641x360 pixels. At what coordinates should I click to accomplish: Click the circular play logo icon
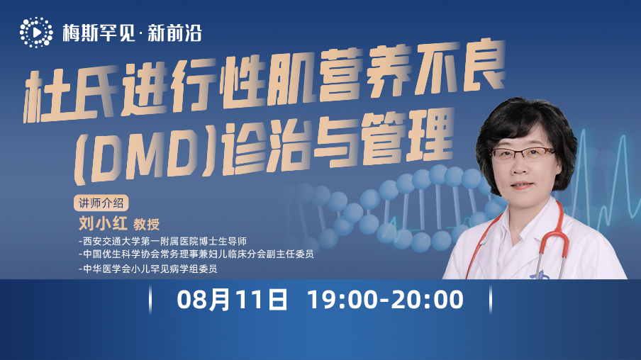tap(36, 33)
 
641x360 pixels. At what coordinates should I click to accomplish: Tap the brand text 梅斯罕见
tap(99, 33)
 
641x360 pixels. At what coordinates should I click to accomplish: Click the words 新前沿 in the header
tap(175, 33)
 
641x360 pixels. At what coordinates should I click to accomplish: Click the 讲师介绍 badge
tap(101, 203)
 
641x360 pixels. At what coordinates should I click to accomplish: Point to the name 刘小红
tap(103, 223)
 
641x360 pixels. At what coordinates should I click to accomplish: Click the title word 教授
tap(146, 225)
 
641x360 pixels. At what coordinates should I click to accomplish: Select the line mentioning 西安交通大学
tap(162, 241)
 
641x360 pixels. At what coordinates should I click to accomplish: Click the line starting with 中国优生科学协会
tap(196, 254)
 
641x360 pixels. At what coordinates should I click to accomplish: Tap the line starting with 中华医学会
tap(147, 269)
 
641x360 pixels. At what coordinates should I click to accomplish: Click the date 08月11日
tap(232, 300)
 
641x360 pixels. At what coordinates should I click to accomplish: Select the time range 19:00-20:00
tap(385, 300)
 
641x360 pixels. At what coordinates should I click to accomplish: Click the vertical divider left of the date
tap(150, 300)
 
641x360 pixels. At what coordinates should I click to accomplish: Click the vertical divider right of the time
tap(491, 300)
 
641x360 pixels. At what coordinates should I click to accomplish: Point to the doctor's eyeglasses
tap(522, 154)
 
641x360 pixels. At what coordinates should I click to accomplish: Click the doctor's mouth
tap(522, 185)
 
